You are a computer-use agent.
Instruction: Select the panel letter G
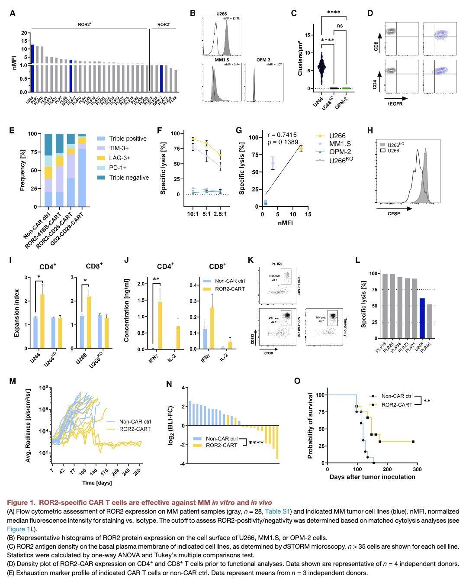point(238,130)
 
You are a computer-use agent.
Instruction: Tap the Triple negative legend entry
point(128,178)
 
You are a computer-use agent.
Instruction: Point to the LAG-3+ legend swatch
point(101,158)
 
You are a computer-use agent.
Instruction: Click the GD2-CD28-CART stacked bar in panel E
point(82,171)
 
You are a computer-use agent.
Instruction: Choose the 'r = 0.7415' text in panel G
point(282,135)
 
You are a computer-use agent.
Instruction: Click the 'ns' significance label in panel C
point(340,26)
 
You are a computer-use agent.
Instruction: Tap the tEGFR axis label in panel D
point(394,104)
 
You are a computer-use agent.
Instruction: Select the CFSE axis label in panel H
point(394,213)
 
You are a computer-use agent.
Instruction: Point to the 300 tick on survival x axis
point(418,469)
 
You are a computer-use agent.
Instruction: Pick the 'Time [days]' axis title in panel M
point(97,483)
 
